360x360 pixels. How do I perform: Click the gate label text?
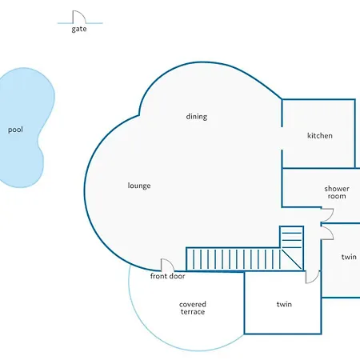click(x=79, y=29)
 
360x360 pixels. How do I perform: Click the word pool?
click(x=15, y=130)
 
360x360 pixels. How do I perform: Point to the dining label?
click(x=197, y=117)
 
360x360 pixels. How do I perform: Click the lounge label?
click(x=139, y=186)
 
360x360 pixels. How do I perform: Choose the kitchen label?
click(x=320, y=135)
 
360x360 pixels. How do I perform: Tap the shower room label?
click(x=337, y=192)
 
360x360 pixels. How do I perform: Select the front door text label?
click(x=167, y=276)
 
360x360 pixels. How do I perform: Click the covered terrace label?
click(x=193, y=308)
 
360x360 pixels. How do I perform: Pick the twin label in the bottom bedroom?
click(x=284, y=304)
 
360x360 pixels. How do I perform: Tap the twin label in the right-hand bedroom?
click(x=349, y=257)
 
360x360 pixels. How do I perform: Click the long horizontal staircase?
click(x=233, y=259)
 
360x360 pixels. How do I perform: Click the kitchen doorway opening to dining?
click(x=282, y=138)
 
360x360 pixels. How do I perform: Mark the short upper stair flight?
click(x=291, y=237)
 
